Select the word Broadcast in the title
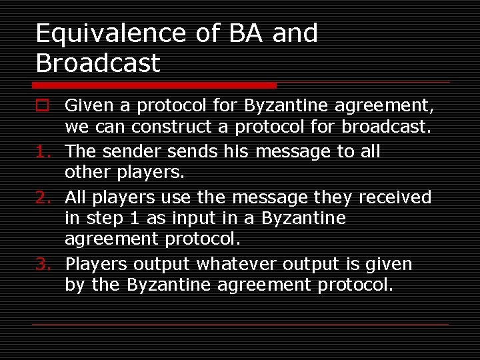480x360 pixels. coord(98,63)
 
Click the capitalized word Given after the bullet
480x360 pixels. coord(89,105)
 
